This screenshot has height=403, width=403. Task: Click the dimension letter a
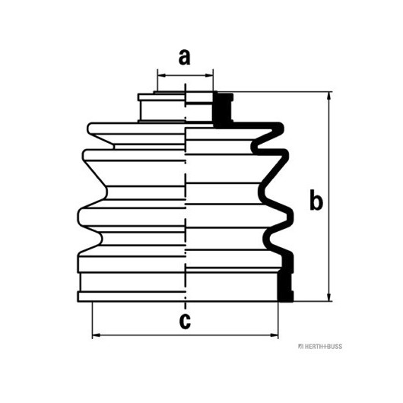tap(185, 57)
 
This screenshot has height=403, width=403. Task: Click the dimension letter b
tap(316, 200)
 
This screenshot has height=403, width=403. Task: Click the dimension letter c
tap(185, 321)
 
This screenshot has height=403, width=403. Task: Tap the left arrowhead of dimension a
tap(161, 75)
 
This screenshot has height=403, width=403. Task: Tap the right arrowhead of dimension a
tap(209, 75)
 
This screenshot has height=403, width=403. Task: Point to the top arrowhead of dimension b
tap(328, 96)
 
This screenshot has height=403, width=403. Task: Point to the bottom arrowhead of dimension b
tap(328, 297)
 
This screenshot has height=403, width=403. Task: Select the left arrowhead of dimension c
tap(96, 335)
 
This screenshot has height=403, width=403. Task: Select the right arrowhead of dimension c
tap(274, 335)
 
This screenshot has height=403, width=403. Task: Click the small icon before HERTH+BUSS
tap(300, 347)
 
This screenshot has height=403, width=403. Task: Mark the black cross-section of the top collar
tap(223, 110)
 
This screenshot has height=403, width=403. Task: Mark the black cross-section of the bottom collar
tap(286, 278)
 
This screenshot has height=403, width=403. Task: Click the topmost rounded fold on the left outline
tap(90, 128)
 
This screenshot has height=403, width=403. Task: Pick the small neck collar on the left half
tap(162, 107)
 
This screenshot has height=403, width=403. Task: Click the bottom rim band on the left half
tap(132, 297)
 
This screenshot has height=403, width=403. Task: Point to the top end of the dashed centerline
tap(185, 84)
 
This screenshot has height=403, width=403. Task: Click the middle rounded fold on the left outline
tap(85, 155)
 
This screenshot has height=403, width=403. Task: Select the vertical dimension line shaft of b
tap(328, 196)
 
